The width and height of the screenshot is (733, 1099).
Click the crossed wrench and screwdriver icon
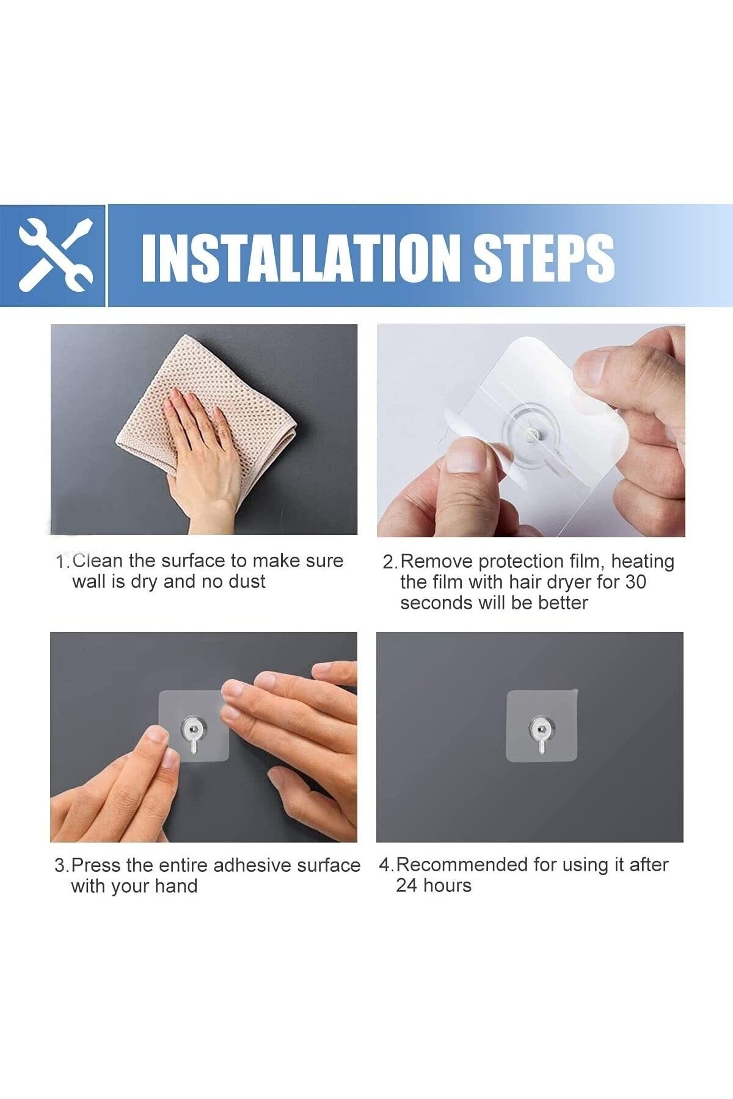coord(55,255)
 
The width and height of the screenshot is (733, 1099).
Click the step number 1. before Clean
coord(63,562)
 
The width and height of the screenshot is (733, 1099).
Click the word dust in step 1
coord(247,582)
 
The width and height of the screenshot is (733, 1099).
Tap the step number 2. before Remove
coord(390,562)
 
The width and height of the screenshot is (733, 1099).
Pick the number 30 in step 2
coord(635,582)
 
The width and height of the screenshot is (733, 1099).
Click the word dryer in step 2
coord(570,583)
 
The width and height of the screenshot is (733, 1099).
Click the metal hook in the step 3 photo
coord(194,733)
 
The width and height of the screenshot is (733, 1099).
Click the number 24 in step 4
coord(406,886)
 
